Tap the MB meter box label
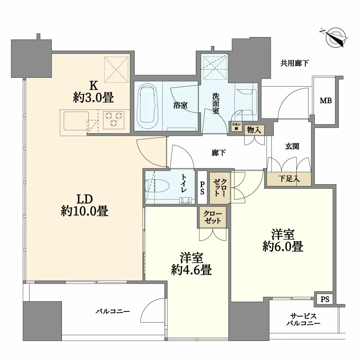point(326,101)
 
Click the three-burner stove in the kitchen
point(113,119)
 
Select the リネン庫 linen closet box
point(236,127)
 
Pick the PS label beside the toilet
point(202,187)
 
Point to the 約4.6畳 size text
point(191,270)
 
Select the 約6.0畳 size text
point(282,247)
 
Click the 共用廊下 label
point(294,64)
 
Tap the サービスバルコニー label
point(303,320)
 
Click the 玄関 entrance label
point(292,147)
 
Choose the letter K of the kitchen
point(93,85)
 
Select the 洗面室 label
point(215,104)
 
